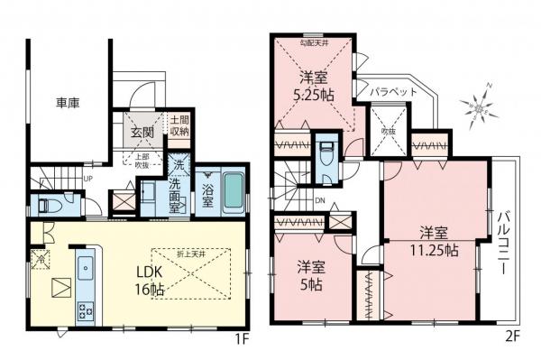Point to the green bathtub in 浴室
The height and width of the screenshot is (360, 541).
[x=234, y=190]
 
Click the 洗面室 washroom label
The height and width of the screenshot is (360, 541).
[x=177, y=184]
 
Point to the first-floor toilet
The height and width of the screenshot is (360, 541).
[x=52, y=205]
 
